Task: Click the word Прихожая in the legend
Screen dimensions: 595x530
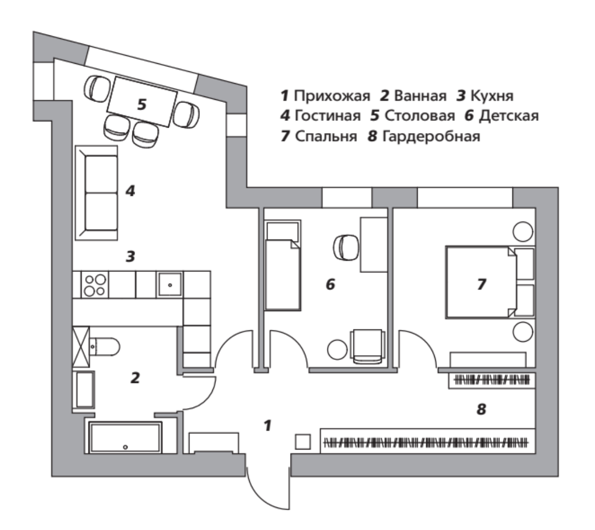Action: coord(332,96)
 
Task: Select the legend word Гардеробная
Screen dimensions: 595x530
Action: coord(431,136)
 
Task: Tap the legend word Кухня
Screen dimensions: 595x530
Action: coord(492,95)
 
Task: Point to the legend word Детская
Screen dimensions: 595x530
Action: coord(509,116)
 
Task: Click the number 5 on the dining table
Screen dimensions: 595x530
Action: coord(142,104)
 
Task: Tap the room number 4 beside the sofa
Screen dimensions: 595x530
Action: coord(130,190)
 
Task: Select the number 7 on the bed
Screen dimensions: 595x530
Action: coord(481,284)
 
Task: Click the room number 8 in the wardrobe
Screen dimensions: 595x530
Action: coord(481,409)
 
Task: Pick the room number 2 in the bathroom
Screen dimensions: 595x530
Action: coord(135,378)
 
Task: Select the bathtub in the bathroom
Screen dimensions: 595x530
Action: coord(125,437)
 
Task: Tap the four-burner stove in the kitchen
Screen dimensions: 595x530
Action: coord(94,285)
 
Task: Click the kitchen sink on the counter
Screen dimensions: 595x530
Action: coord(169,284)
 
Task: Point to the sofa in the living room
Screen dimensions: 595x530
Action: coord(96,193)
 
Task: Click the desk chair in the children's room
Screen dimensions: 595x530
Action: coord(346,247)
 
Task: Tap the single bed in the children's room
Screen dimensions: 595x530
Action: coord(282,265)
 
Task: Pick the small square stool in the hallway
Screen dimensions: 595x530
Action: coord(303,441)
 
